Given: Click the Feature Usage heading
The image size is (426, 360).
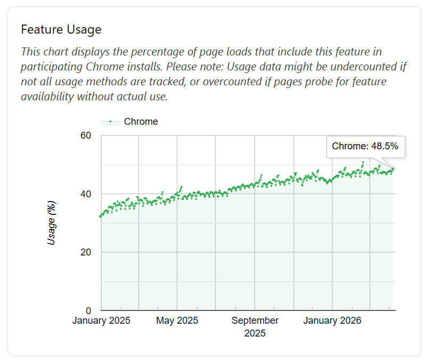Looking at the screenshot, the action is tap(61, 30).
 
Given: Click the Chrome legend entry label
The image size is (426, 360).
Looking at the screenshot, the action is tap(141, 122).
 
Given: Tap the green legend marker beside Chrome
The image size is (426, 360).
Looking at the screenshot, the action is tap(110, 122).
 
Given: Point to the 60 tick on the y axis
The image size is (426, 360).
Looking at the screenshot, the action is tap(86, 135).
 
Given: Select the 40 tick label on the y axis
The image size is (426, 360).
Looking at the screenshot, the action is tap(86, 194).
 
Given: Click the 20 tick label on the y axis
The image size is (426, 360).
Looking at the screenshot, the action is tap(86, 252).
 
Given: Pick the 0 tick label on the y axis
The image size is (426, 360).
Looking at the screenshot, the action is tap(89, 310).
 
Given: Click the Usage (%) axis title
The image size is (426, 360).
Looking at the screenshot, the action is tap(51, 223).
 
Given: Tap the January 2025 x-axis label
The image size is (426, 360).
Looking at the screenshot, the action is tap(101, 321).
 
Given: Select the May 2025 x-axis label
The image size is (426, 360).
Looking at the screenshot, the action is tap(177, 321).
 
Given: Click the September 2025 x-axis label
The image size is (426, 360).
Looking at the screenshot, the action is tap(255, 326).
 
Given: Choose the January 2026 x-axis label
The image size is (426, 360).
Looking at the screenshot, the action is tap(332, 321).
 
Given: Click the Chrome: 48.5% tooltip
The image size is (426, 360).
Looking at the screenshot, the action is tap(365, 147).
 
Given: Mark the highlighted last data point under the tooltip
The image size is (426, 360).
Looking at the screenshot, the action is tap(392, 169).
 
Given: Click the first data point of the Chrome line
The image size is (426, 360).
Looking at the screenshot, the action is tap(100, 217).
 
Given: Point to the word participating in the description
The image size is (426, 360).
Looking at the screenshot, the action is tap(52, 67).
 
